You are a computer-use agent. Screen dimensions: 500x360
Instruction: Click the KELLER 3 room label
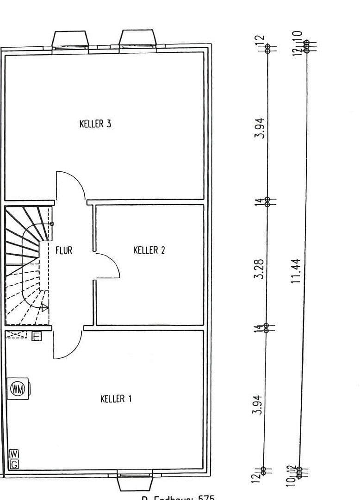pos(95,124)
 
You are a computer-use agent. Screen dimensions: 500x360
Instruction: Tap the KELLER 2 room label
pos(149,250)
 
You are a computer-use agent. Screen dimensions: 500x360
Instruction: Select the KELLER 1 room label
pos(116,399)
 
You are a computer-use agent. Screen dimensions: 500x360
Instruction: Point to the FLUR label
pos(64,250)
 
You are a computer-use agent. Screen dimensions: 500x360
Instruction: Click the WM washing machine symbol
pos(18,388)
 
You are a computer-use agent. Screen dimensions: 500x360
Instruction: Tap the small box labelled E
pos(37,337)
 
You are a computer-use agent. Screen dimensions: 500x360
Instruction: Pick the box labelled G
pos(14,463)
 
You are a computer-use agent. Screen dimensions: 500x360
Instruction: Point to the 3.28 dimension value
pos(260,269)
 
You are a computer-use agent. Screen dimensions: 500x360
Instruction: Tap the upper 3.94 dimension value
pos(261,128)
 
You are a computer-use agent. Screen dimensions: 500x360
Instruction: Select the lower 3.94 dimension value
pos(257,404)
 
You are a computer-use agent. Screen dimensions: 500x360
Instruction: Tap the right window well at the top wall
pos(137,38)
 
